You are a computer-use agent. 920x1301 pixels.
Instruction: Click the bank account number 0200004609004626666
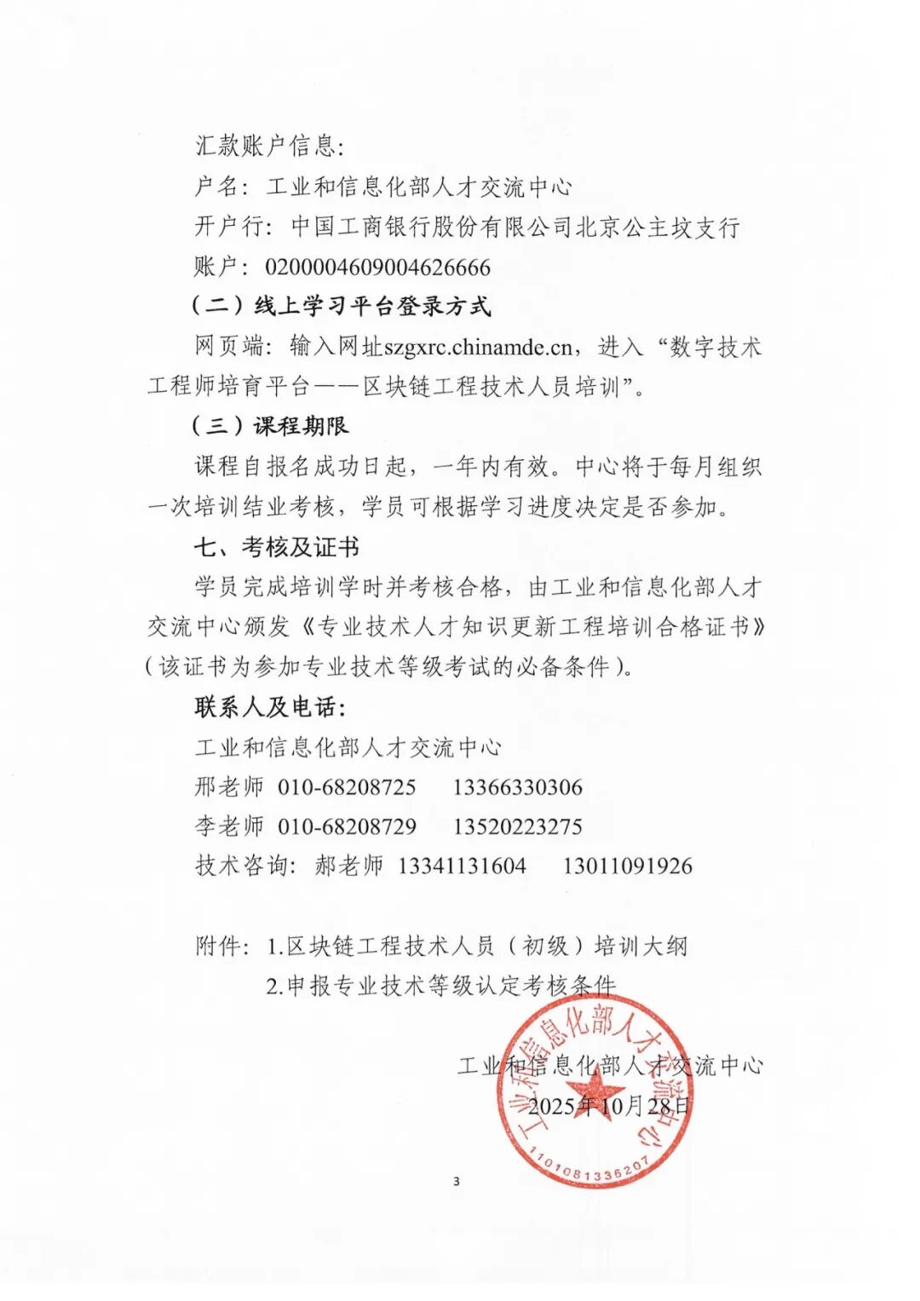(x=377, y=268)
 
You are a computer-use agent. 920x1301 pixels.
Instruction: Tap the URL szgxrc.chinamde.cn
(x=478, y=347)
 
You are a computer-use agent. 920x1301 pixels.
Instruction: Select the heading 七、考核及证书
(x=276, y=547)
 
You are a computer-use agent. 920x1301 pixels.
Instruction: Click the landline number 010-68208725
(x=347, y=787)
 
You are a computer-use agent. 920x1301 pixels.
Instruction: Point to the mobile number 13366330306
(x=517, y=787)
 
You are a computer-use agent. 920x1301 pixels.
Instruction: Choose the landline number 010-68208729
(x=347, y=826)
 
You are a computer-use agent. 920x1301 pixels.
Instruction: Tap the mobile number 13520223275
(x=517, y=826)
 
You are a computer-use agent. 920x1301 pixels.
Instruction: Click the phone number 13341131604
(x=462, y=866)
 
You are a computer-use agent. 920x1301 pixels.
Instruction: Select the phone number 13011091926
(x=627, y=866)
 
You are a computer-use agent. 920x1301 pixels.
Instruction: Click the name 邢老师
(x=229, y=787)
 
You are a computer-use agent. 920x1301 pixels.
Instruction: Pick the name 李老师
(x=229, y=826)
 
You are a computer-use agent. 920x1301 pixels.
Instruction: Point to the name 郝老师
(x=348, y=866)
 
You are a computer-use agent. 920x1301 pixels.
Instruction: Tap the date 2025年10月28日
(x=609, y=1106)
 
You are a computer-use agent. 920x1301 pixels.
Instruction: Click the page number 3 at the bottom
(x=457, y=1182)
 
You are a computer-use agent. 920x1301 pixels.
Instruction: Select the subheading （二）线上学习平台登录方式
(x=341, y=307)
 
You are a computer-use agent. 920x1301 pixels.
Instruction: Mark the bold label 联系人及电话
(x=269, y=707)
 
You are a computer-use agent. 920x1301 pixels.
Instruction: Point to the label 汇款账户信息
(x=268, y=147)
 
